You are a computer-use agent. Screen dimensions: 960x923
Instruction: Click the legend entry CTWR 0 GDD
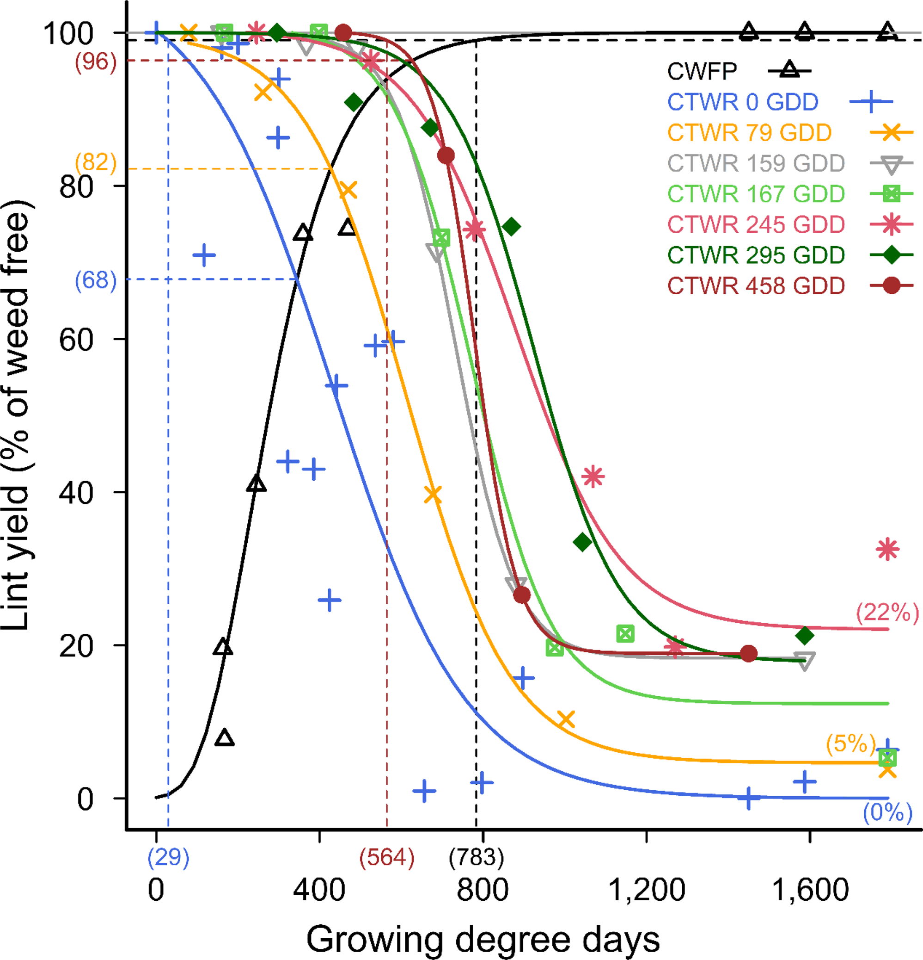tap(742, 102)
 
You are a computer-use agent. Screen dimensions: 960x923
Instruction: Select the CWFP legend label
tap(701, 72)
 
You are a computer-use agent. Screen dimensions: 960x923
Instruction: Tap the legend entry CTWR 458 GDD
tap(756, 286)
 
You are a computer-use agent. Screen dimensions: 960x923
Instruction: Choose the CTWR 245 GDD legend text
tap(756, 225)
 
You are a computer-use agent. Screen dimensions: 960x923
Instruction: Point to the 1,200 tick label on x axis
tap(646, 890)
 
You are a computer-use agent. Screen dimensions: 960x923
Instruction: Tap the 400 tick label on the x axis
tap(318, 890)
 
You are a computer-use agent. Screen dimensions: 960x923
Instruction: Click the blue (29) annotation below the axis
tap(168, 857)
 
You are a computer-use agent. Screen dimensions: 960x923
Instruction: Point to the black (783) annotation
tap(476, 857)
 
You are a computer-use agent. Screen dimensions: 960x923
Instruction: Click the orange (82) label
tap(96, 162)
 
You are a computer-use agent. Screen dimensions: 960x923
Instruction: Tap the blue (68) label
tap(96, 280)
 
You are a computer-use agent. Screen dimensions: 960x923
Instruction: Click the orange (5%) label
tap(850, 743)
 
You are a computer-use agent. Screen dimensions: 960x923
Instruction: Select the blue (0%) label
tap(887, 812)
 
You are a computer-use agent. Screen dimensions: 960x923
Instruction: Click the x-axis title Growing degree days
tap(483, 940)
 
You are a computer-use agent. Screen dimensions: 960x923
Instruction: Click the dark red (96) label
tap(96, 62)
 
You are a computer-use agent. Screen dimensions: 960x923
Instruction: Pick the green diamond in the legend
tap(891, 255)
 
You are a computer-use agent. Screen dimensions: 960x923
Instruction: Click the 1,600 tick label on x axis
tap(810, 890)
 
